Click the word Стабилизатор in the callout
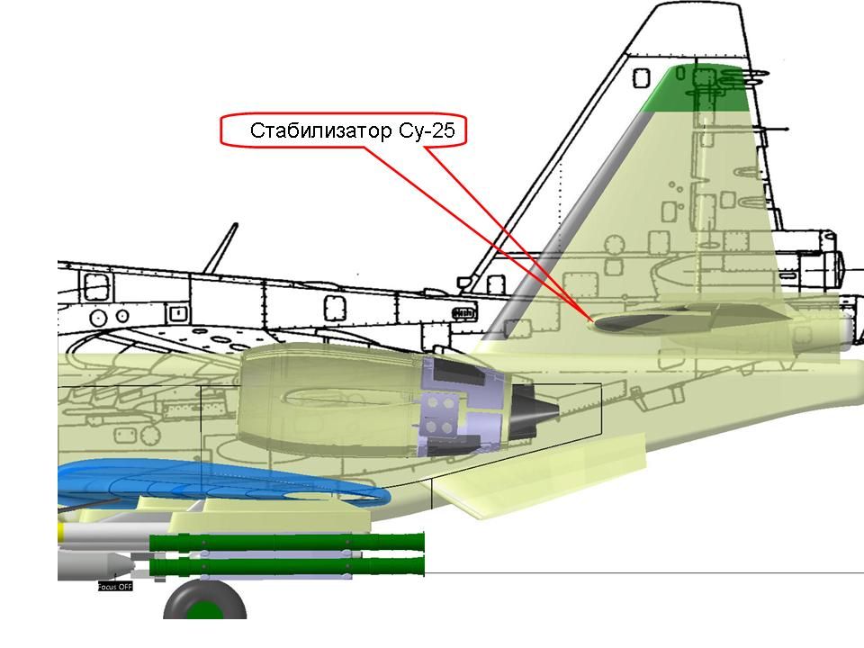[320, 131]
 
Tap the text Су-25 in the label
[428, 131]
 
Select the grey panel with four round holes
[439, 415]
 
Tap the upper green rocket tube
[288, 542]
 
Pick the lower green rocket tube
[288, 567]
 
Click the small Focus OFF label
[114, 587]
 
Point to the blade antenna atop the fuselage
[220, 247]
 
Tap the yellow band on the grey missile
[61, 534]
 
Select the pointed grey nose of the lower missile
[121, 566]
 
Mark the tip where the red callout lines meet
[589, 320]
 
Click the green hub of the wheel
[205, 611]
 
